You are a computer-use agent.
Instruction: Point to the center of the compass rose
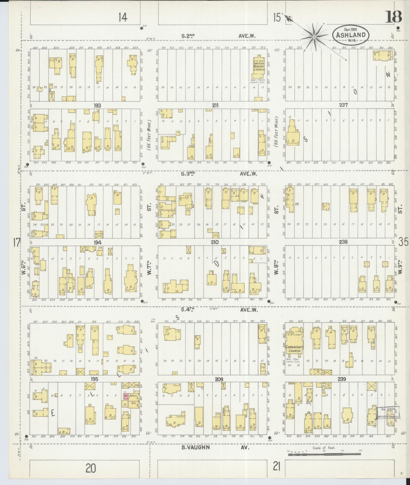pyautogui.click(x=314, y=37)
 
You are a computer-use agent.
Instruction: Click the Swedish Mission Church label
pyautogui.click(x=259, y=66)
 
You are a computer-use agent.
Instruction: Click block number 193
pyautogui.click(x=97, y=106)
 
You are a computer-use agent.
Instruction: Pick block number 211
pyautogui.click(x=215, y=106)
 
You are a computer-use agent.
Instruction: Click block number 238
pyautogui.click(x=343, y=242)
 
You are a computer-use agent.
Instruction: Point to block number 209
pyautogui.click(x=219, y=379)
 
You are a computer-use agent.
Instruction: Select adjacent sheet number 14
pyautogui.click(x=123, y=18)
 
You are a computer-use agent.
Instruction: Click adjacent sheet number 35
pyautogui.click(x=403, y=242)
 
